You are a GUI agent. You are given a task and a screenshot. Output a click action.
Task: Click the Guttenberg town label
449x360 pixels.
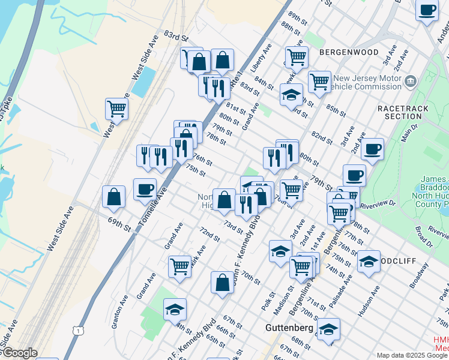pyautogui.click(x=290, y=328)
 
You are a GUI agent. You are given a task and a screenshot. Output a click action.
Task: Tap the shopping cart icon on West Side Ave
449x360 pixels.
pyautogui.click(x=116, y=109)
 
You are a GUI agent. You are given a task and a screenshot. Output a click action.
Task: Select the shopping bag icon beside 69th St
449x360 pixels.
pyautogui.click(x=113, y=197)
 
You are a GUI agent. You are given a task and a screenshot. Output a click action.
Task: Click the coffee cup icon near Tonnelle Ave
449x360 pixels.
pyautogui.click(x=145, y=189)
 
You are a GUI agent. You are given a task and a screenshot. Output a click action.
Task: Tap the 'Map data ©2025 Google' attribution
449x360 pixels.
pyautogui.click(x=412, y=355)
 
